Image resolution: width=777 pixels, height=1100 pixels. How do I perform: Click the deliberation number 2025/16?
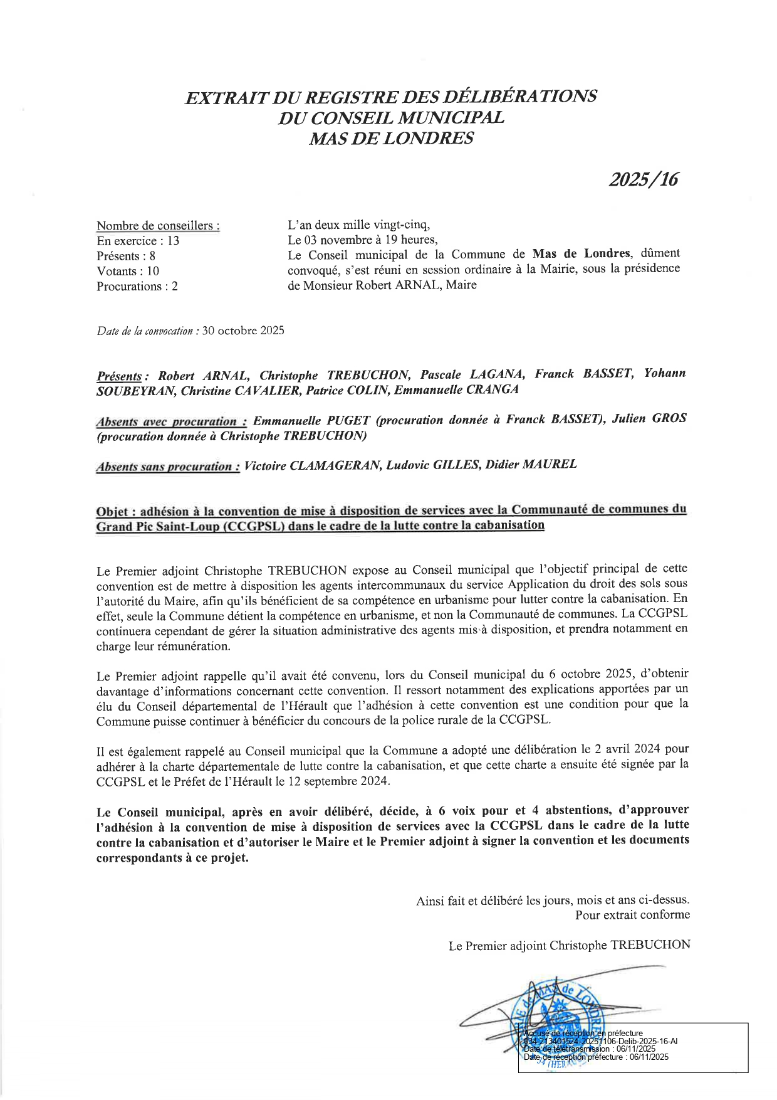(x=644, y=180)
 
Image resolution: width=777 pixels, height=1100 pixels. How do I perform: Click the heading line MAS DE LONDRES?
(x=391, y=138)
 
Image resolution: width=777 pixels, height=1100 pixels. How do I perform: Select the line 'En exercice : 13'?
(x=138, y=241)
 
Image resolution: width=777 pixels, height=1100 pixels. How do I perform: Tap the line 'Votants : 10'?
(x=128, y=271)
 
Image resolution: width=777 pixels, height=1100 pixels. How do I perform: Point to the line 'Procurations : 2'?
(x=137, y=286)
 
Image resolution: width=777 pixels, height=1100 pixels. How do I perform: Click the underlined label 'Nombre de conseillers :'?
(x=158, y=226)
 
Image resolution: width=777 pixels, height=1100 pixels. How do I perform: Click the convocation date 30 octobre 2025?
(x=243, y=331)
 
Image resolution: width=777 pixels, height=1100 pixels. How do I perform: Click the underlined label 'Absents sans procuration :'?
(x=167, y=467)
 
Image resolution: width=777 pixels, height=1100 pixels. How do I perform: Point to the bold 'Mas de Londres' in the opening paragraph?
(x=580, y=253)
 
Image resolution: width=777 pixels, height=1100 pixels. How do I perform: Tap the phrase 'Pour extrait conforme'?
(x=632, y=915)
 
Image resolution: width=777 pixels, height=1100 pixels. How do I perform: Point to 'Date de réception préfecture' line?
(x=596, y=1057)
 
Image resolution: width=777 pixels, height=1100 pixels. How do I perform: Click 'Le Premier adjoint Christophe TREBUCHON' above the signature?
(x=569, y=945)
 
